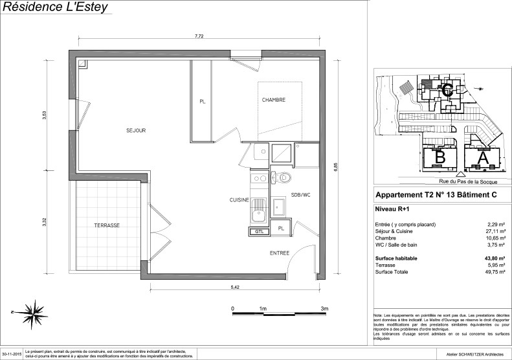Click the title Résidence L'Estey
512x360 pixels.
(56, 8)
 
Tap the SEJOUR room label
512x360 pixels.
(136, 130)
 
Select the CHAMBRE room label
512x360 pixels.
(274, 100)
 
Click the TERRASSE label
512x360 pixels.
(107, 225)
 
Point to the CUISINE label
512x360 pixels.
(239, 200)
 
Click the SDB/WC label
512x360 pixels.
(301, 194)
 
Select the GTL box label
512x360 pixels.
(258, 231)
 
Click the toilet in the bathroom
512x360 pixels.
(284, 177)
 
